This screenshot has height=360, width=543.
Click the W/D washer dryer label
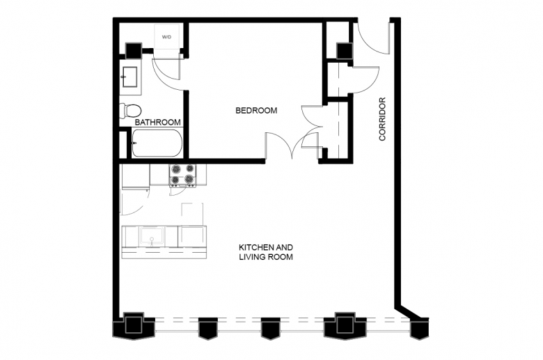[166, 37]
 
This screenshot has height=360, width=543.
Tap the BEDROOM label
[256, 111]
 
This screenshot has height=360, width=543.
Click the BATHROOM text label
[157, 123]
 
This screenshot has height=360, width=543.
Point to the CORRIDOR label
[382, 119]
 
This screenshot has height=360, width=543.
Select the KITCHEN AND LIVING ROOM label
[266, 252]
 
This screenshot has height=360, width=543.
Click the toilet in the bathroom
[130, 111]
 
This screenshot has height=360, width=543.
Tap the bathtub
[157, 143]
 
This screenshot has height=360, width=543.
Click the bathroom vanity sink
[130, 77]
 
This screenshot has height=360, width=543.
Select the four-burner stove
[182, 175]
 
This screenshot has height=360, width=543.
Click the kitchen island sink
[151, 236]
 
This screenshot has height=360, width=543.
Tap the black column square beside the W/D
[134, 51]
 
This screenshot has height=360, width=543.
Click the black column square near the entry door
[345, 52]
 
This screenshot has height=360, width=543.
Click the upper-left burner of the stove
[176, 169]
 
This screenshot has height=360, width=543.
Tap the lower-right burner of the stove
[189, 179]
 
